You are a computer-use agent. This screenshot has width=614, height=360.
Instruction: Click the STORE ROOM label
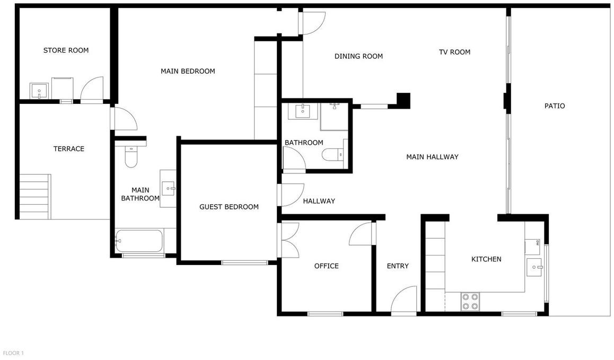[66, 50]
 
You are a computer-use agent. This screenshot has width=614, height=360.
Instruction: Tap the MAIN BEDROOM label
[188, 71]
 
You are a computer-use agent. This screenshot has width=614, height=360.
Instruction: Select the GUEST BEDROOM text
[229, 207]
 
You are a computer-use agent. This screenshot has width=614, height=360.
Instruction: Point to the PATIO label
[555, 106]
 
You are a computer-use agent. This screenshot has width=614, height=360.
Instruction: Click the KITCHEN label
[486, 259]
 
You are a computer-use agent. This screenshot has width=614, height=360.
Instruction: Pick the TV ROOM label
[454, 52]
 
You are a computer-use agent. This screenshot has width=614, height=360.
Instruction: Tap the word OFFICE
[326, 266]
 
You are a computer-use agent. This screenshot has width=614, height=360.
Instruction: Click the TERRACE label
[68, 149]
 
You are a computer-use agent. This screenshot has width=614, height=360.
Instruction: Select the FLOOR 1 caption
[13, 353]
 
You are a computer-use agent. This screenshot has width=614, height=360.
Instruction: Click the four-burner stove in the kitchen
[470, 302]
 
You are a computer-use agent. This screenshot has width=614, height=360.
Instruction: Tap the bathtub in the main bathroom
[139, 241]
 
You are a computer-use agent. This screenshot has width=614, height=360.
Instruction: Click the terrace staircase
[35, 197]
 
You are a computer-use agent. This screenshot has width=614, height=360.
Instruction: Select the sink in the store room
[39, 91]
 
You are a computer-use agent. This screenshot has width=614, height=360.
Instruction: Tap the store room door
[92, 89]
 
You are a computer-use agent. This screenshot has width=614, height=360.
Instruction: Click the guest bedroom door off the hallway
[291, 195]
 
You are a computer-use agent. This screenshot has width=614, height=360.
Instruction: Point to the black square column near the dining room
[404, 100]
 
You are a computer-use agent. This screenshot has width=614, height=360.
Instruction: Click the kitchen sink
[534, 267]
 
